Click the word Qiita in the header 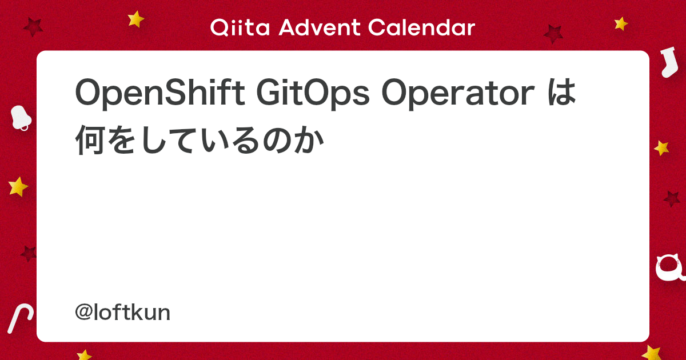pos(240,27)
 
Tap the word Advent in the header pos(319,27)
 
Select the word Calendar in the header pos(421,27)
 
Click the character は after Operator pos(561,93)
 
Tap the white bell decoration pos(21,118)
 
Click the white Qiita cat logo pos(670,268)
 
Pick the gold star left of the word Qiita pos(135,19)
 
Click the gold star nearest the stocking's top pos(621,23)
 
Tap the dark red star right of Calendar pos(553,34)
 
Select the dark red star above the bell pos(33,27)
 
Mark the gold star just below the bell pos(18,186)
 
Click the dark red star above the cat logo pos(672,199)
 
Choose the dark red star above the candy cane pos(29,253)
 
